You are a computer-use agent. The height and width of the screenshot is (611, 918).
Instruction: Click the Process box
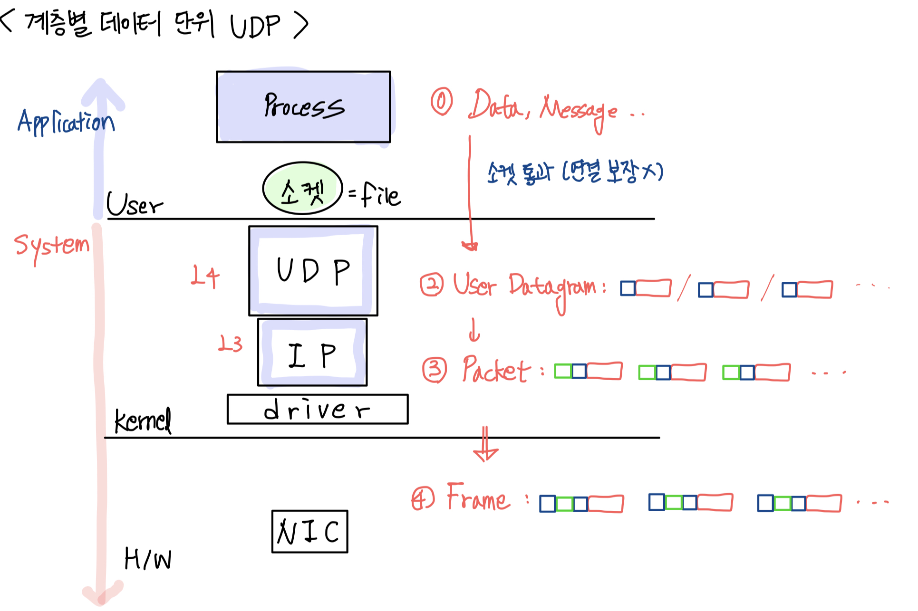tap(303, 107)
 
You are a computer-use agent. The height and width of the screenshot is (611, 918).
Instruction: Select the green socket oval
tap(302, 189)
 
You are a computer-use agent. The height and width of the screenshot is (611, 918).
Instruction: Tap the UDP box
tap(313, 271)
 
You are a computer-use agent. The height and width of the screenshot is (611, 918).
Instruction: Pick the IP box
tap(312, 353)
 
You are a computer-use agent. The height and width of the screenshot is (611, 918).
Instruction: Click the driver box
tap(317, 409)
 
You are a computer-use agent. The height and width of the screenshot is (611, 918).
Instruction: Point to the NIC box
tap(309, 532)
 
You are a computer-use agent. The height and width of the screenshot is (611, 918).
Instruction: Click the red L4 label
tap(205, 276)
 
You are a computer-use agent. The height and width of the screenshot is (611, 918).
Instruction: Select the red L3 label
tap(231, 344)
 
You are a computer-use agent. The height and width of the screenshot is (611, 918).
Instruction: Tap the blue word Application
tap(66, 122)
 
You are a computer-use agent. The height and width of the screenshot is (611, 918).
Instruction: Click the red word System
tap(51, 246)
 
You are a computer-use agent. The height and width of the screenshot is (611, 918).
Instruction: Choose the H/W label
tap(148, 559)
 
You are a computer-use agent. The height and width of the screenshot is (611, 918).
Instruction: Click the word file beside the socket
tap(381, 195)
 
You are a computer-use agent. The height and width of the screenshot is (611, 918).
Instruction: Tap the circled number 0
tap(442, 102)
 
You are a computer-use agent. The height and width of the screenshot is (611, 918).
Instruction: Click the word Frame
tap(478, 498)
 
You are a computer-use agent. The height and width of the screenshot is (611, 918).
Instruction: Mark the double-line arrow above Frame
tap(485, 445)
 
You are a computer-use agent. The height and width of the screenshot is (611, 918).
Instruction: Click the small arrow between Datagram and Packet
tap(474, 330)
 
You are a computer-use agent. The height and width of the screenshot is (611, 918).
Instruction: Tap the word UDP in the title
tap(255, 26)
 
